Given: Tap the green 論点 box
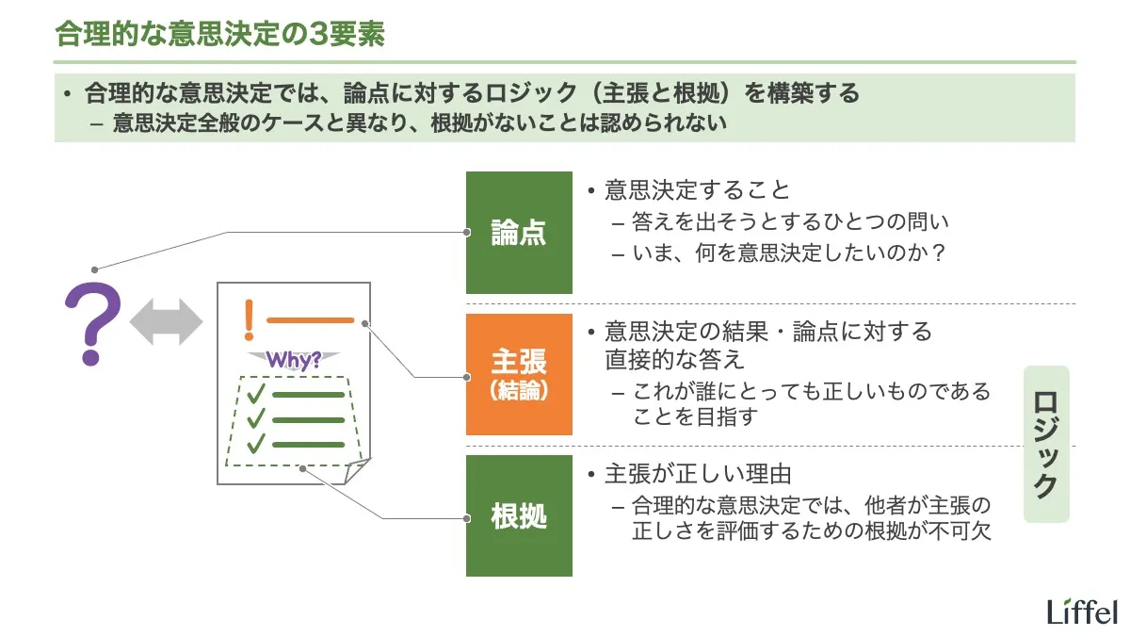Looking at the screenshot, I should (x=519, y=233).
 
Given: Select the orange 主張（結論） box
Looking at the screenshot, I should (x=519, y=374).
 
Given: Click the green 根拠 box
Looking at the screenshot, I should (x=519, y=515).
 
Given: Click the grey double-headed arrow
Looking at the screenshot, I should (x=166, y=322).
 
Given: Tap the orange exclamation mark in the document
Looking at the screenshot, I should (x=249, y=319).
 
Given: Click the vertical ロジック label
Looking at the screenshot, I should (x=1046, y=444).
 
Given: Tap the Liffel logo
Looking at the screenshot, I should (x=1081, y=610).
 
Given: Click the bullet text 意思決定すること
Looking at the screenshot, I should (x=697, y=190).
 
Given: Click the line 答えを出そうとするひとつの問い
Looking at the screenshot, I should (x=791, y=222).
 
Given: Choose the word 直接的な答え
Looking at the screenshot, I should (x=674, y=359).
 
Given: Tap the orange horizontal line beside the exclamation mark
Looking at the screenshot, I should (x=311, y=320).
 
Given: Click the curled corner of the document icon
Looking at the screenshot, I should (x=357, y=470).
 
